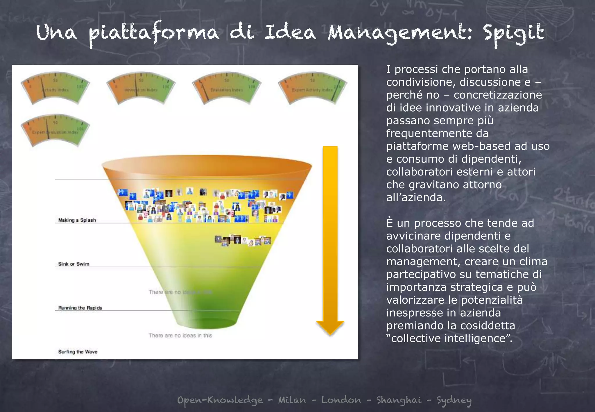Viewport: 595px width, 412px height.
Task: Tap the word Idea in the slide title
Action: coord(290,33)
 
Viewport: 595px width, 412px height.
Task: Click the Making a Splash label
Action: coord(77,220)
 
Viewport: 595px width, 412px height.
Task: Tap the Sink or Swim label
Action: coord(74,264)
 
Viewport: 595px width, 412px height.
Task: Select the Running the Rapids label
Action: coord(80,308)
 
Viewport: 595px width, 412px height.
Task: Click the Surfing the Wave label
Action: coord(78,352)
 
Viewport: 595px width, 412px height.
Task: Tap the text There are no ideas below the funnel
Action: coord(180,336)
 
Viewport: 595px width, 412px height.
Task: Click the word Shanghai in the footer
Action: coord(399,400)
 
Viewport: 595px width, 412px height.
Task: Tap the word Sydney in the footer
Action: coord(454,400)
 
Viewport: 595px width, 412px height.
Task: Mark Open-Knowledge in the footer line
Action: coord(220,400)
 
